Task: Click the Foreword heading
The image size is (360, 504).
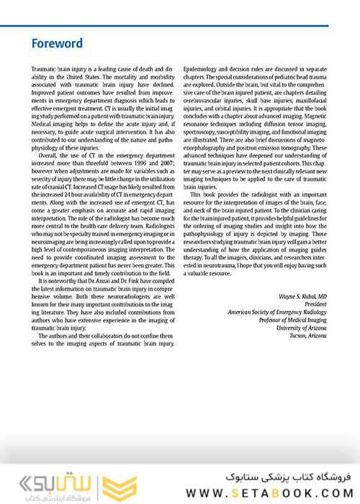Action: click(58, 43)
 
